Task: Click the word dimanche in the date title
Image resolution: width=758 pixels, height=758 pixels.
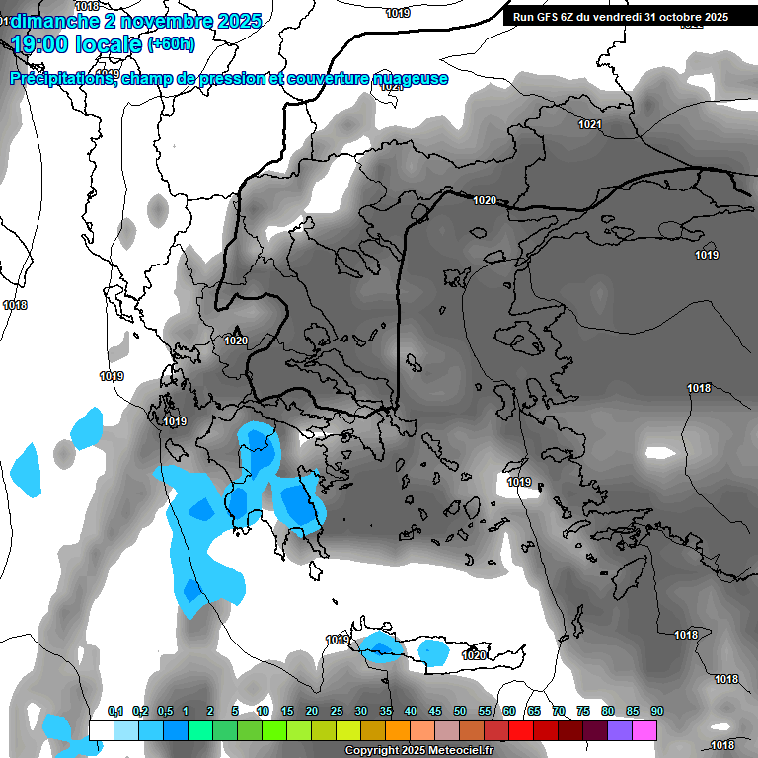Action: click(53, 21)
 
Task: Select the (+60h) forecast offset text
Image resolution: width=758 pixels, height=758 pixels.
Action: click(170, 44)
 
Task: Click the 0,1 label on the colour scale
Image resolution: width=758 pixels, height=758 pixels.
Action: click(114, 711)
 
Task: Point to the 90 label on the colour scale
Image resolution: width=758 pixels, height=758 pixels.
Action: click(656, 711)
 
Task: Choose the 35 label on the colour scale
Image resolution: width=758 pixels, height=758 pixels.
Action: click(386, 711)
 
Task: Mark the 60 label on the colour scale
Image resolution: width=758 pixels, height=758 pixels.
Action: click(509, 711)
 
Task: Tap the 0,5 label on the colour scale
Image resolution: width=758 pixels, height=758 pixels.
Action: click(164, 711)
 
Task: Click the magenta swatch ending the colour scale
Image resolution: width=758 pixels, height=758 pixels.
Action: click(644, 730)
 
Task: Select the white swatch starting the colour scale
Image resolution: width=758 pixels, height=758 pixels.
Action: click(102, 730)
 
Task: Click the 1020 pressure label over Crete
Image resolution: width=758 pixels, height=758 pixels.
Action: click(474, 655)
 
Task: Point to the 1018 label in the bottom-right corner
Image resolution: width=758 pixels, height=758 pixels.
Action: click(723, 745)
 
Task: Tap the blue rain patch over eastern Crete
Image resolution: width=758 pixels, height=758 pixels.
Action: click(432, 651)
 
